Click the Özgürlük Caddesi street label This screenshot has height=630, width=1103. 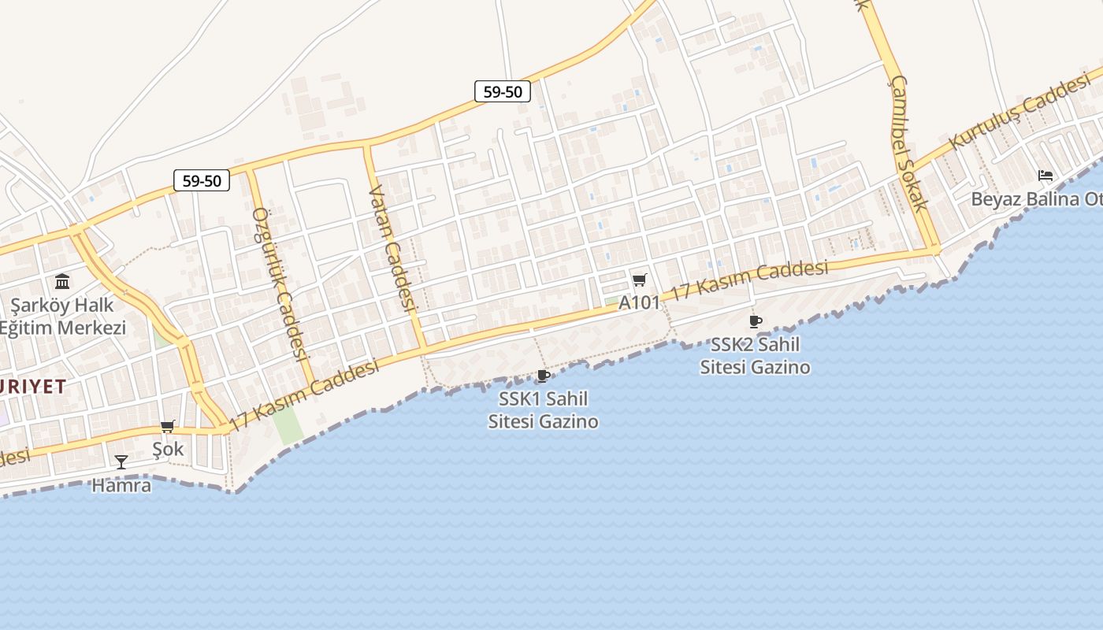[x=279, y=283]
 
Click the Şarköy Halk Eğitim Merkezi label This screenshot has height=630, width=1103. [x=63, y=316]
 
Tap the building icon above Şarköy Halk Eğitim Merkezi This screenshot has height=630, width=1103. [x=62, y=281]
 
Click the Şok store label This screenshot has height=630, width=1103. [x=168, y=449]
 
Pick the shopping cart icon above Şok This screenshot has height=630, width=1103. [x=167, y=427]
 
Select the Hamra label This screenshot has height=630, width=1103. [x=121, y=485]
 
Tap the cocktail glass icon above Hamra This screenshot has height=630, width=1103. [x=121, y=461]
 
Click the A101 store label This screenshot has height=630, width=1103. [x=639, y=302]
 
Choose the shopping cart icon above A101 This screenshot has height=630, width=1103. [x=640, y=280]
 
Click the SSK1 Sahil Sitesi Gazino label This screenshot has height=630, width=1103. [x=543, y=409]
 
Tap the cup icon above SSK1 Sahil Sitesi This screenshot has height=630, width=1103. [x=543, y=376]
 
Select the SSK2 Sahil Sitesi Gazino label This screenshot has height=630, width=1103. [x=755, y=355]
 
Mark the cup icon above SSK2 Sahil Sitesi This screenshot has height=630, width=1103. [x=755, y=321]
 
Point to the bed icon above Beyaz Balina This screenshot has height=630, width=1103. [x=1045, y=175]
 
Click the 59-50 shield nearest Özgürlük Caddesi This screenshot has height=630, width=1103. [x=202, y=181]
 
